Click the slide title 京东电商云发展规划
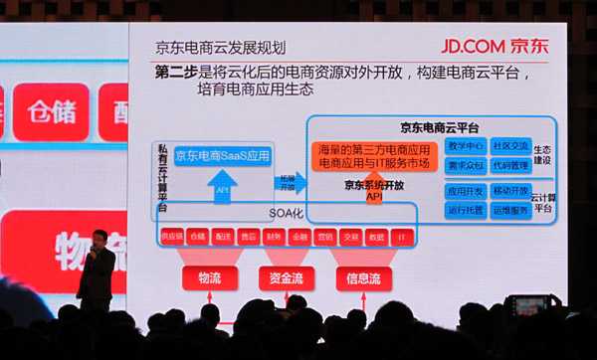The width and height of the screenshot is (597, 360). click(220, 47)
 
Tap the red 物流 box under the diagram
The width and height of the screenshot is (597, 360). click(209, 278)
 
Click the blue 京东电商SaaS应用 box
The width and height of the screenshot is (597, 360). click(222, 156)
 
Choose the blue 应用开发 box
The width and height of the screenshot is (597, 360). click(465, 190)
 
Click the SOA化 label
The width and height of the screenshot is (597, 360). click(285, 214)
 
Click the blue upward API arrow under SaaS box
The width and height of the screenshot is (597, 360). click(222, 189)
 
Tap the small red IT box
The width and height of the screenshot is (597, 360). click(401, 237)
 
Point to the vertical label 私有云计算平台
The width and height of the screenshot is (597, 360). click(162, 179)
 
